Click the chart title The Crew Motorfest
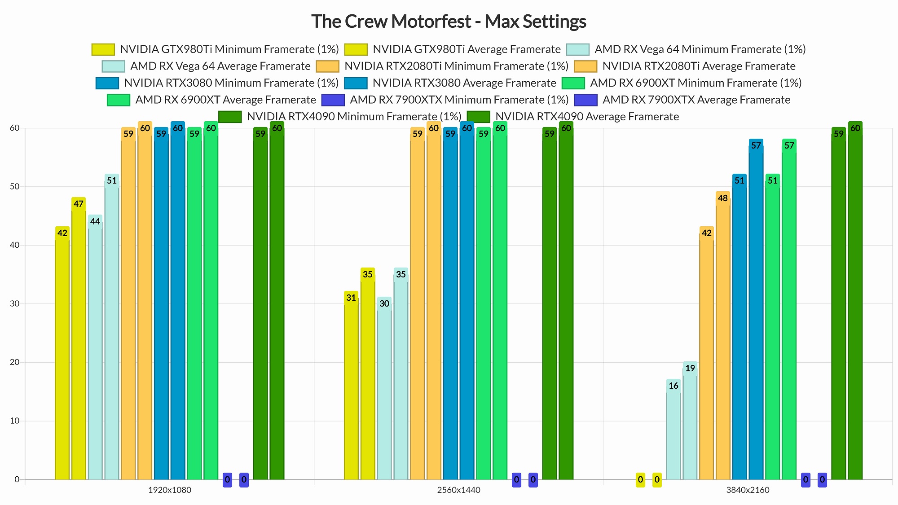point(449,22)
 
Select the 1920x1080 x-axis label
point(169,490)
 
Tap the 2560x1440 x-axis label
point(458,490)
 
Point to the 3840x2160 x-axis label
point(748,490)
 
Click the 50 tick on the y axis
point(15,186)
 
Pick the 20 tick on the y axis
point(15,362)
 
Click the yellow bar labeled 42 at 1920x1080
point(62,359)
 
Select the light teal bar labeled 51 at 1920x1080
point(112,332)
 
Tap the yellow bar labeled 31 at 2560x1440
point(351,391)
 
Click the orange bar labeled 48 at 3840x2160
point(723,341)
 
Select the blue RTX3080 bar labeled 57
point(756,314)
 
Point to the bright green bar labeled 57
point(789,314)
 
